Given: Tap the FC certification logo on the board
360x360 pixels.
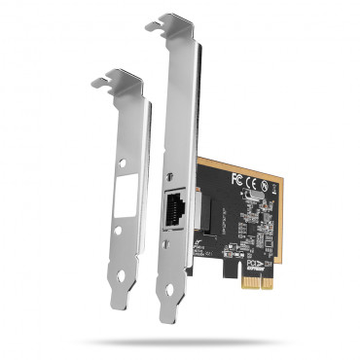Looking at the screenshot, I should click(236, 178).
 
